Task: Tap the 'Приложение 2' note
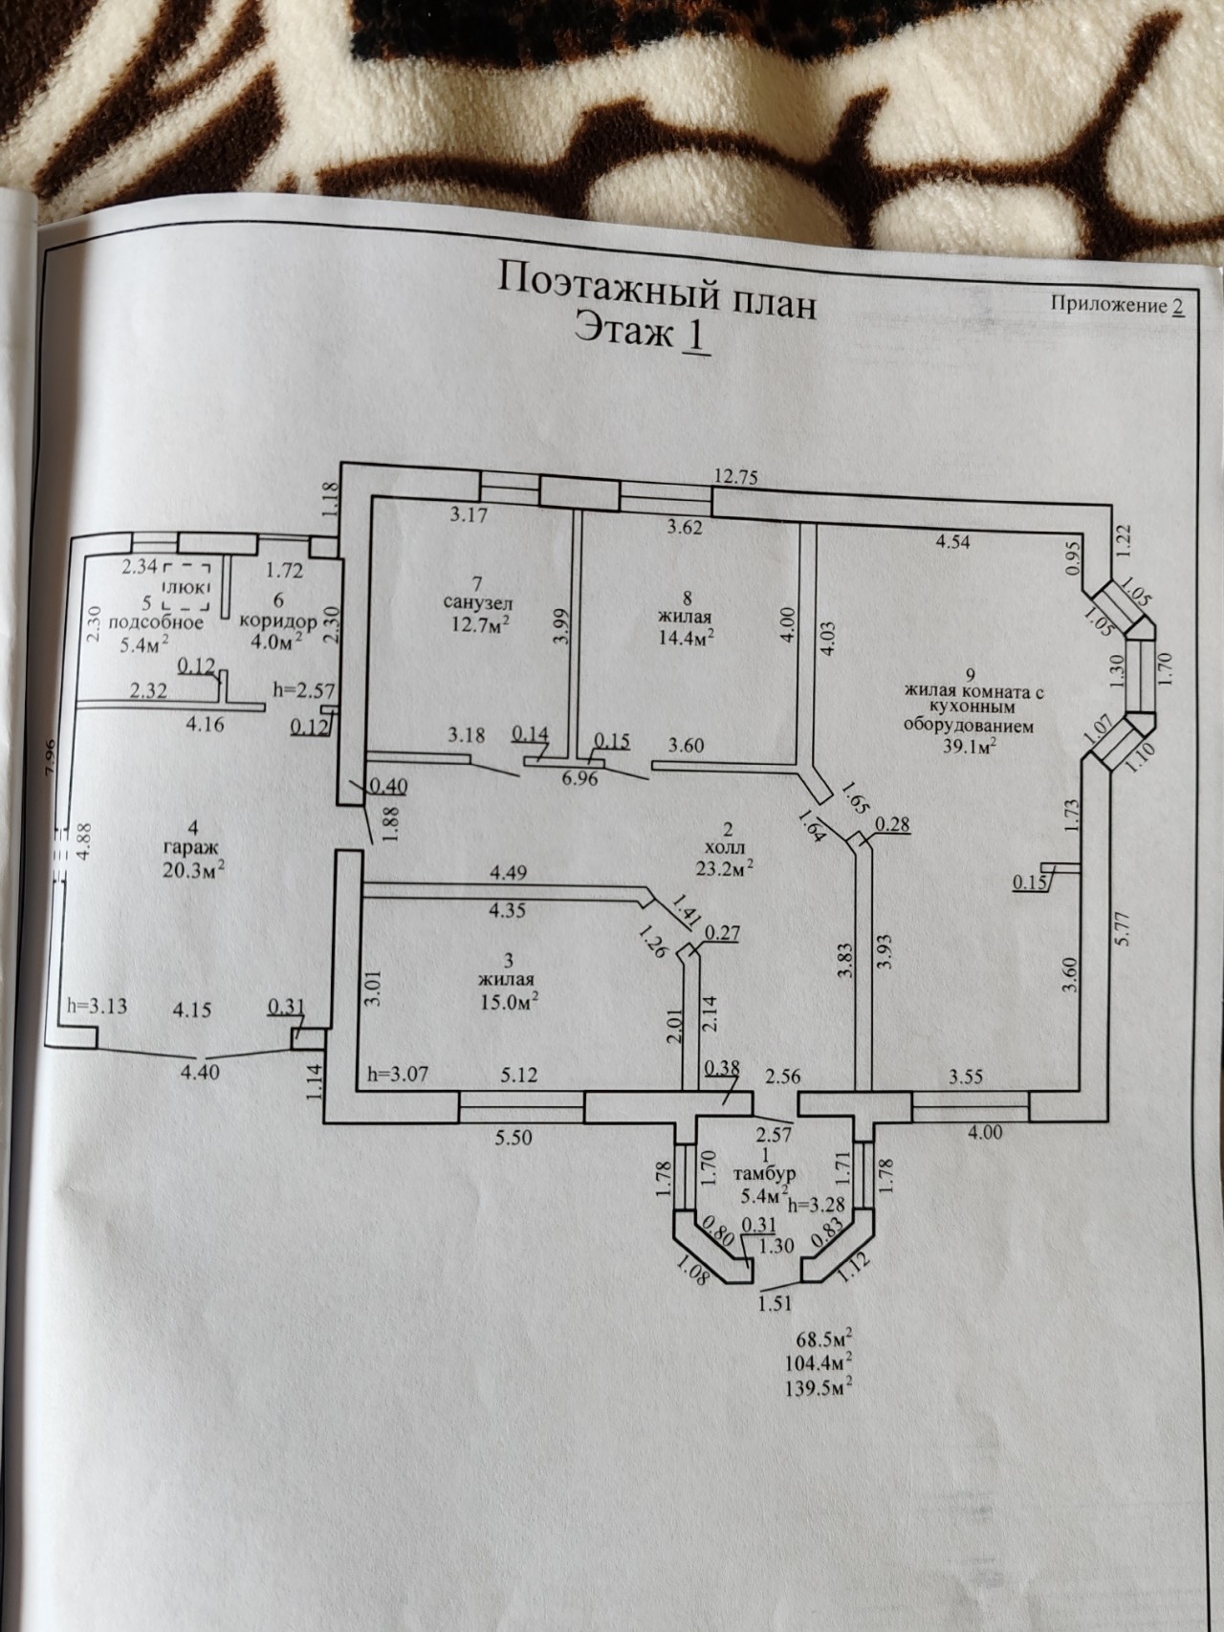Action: [x=1118, y=305]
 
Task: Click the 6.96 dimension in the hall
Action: [x=581, y=779]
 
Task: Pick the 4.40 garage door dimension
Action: [x=200, y=1072]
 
